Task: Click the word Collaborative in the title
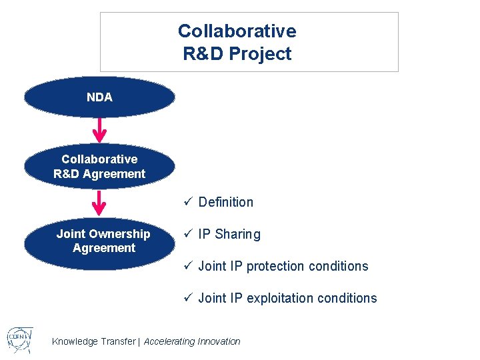tap(237, 31)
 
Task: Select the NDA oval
tap(99, 97)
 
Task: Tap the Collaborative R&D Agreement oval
tap(99, 167)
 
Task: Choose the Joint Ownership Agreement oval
tap(100, 241)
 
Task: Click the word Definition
tap(225, 202)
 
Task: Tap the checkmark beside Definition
tap(188, 201)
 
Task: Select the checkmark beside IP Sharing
tap(188, 233)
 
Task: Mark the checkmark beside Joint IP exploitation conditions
tap(188, 297)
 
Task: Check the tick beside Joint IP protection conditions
tap(188, 265)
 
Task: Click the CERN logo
tap(19, 341)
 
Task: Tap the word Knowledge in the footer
tap(75, 341)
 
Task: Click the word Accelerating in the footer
tap(169, 341)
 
